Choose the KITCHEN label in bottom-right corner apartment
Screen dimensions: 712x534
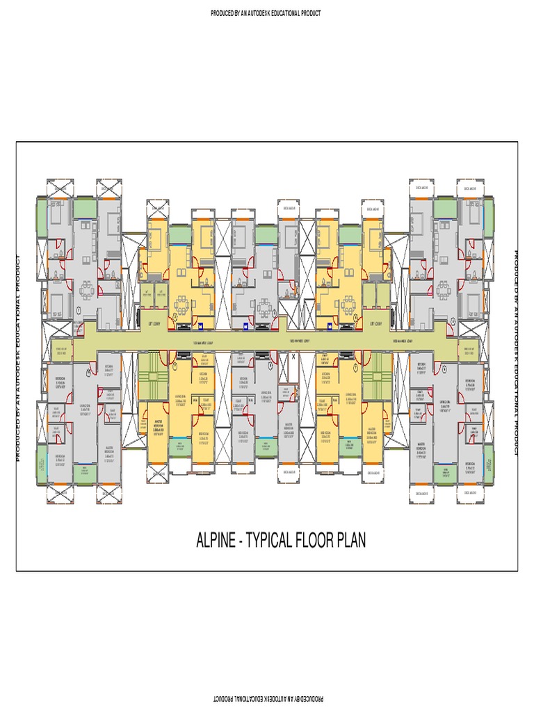(421, 364)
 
